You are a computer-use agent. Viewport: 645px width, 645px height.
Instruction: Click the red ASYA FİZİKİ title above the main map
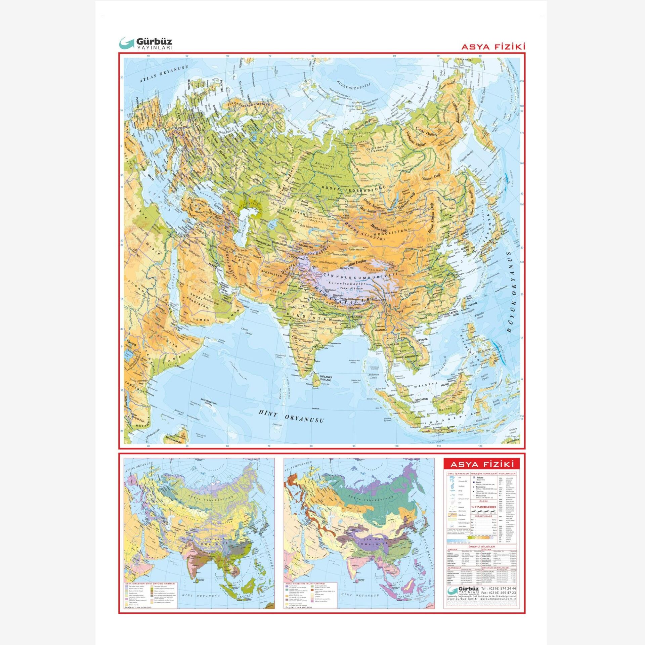493,47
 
